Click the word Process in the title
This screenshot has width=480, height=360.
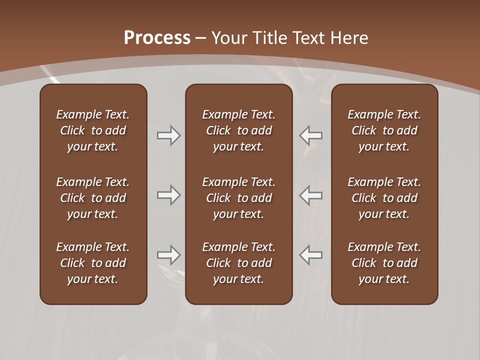tap(157, 37)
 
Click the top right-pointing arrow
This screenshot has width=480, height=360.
tap(168, 135)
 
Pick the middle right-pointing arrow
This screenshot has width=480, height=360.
tap(168, 195)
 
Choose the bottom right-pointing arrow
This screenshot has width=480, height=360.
tap(168, 255)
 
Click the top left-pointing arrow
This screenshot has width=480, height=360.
tap(310, 135)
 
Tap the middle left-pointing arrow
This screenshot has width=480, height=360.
tap(310, 195)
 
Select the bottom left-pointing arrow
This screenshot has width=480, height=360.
tap(310, 255)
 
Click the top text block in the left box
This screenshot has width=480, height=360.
tap(93, 130)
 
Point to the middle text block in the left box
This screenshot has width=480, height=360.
tap(93, 198)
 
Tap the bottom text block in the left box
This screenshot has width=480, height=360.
tap(93, 263)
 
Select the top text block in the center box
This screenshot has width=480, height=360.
tap(238, 130)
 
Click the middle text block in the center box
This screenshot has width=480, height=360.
tap(238, 198)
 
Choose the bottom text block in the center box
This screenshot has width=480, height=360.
tap(238, 263)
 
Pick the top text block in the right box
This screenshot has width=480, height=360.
tap(384, 130)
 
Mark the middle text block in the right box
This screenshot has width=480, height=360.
tap(384, 198)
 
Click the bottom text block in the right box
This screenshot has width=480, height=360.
tap(384, 263)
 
